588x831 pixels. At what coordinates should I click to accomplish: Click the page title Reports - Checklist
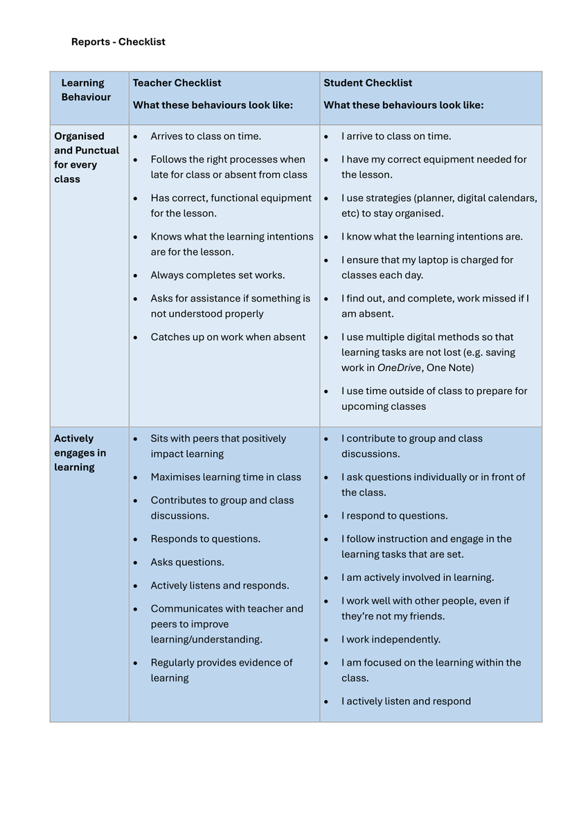pyautogui.click(x=118, y=42)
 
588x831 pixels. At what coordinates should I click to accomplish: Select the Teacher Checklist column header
pyautogui.click(x=177, y=83)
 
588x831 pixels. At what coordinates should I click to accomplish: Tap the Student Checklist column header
pyautogui.click(x=368, y=83)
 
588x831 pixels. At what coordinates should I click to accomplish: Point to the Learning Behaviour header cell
pyautogui.click(x=86, y=90)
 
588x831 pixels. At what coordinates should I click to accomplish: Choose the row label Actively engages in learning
pyautogui.click(x=80, y=453)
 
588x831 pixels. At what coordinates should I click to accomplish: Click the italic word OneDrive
pyautogui.click(x=399, y=368)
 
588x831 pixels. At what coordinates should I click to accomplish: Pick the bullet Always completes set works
pyautogui.click(x=217, y=275)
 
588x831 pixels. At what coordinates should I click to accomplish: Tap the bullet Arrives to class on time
pyautogui.click(x=206, y=136)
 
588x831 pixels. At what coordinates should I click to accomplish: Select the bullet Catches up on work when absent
pyautogui.click(x=228, y=337)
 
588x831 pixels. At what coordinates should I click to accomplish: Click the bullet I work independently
pyautogui.click(x=391, y=639)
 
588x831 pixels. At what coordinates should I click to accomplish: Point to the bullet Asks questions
pyautogui.click(x=187, y=562)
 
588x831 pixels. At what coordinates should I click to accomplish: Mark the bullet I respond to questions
pyautogui.click(x=394, y=516)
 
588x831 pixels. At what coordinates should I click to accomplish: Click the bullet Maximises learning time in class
pyautogui.click(x=226, y=477)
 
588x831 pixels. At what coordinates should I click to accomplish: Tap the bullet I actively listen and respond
pyautogui.click(x=406, y=702)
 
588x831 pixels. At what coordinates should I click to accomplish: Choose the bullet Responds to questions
pyautogui.click(x=206, y=539)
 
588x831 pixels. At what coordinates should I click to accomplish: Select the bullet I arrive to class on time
pyautogui.click(x=395, y=136)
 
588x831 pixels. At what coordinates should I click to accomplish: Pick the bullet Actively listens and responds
pyautogui.click(x=220, y=586)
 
